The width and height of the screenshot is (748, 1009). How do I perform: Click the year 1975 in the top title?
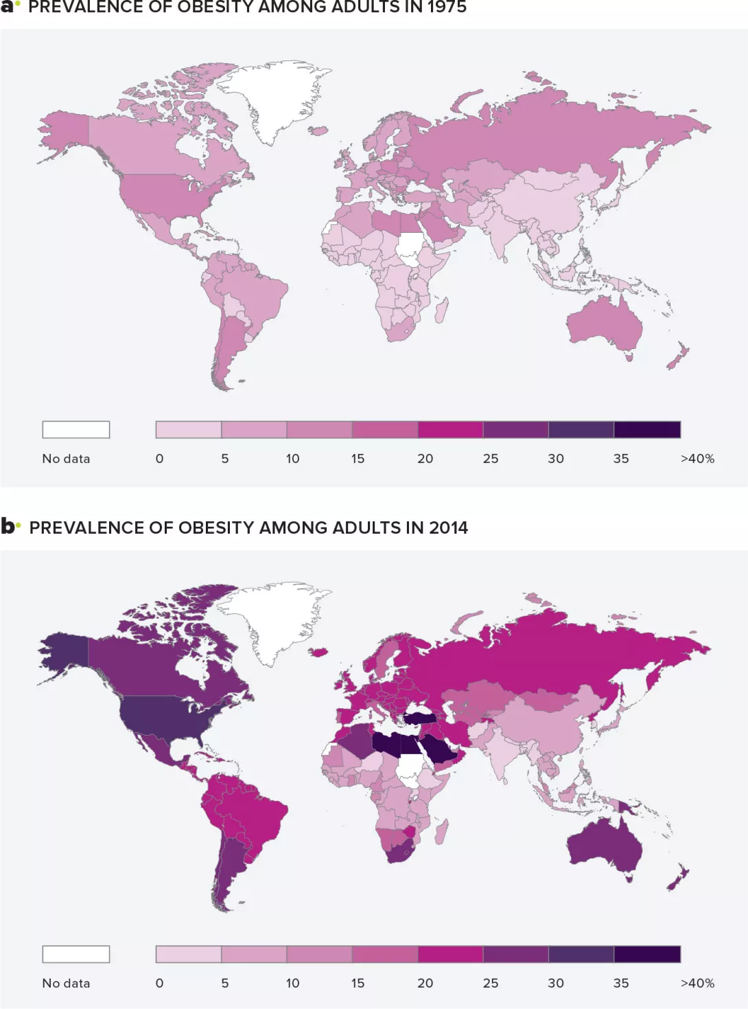(x=447, y=8)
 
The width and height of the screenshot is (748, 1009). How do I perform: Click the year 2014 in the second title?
(x=448, y=528)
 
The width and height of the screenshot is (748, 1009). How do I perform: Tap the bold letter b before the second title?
(x=8, y=526)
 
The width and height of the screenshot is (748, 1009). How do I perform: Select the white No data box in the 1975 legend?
(x=76, y=429)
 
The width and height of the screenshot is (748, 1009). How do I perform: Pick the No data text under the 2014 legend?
(x=66, y=983)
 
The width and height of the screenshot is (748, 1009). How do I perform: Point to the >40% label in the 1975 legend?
(x=697, y=458)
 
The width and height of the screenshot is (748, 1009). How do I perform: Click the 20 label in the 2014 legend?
(x=425, y=983)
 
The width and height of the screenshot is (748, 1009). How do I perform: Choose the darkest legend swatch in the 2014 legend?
(x=647, y=954)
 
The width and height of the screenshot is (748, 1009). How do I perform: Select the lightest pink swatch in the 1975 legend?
(x=189, y=429)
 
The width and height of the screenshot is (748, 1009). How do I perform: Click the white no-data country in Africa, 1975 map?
(x=411, y=248)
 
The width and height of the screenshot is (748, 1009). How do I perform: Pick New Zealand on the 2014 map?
(x=678, y=878)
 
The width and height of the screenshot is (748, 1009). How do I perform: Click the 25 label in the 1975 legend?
(x=490, y=458)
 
